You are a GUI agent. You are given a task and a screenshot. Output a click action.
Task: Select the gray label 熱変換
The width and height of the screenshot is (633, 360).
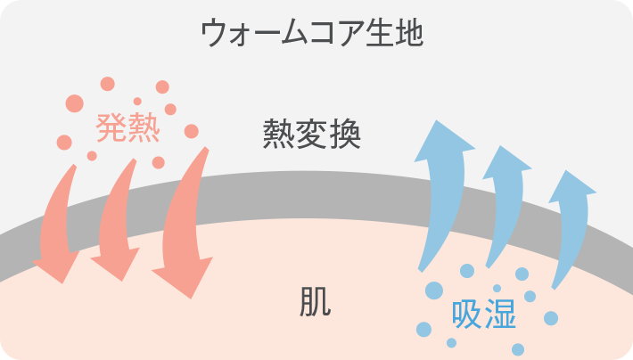click(x=312, y=135)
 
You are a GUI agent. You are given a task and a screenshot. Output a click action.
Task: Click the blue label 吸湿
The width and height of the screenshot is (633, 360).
click(x=483, y=314)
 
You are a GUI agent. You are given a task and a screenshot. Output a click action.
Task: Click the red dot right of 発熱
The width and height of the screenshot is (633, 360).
click(x=191, y=131)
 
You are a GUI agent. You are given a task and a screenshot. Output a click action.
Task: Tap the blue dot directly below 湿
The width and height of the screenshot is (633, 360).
click(x=518, y=348)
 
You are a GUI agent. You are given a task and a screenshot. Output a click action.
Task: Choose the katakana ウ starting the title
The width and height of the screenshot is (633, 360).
click(x=213, y=34)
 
